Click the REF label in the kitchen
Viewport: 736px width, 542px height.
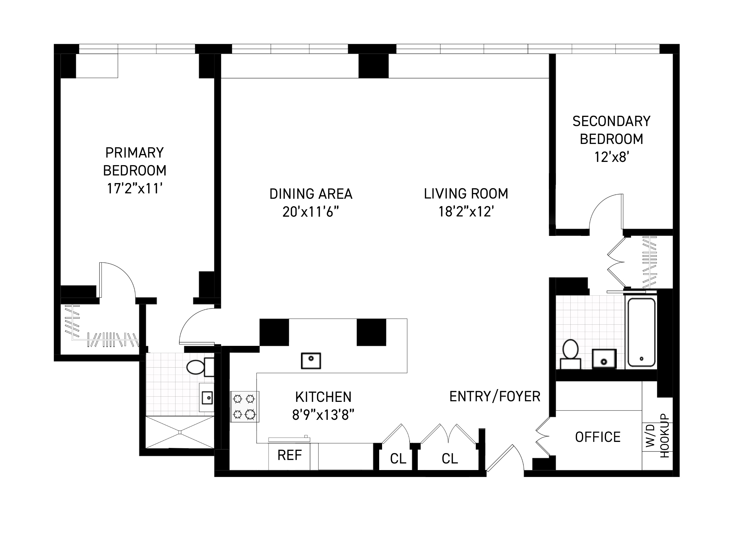[289, 455]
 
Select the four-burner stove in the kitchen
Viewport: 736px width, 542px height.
[244, 407]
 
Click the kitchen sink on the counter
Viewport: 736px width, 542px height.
[311, 361]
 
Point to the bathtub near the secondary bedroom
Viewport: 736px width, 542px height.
[641, 332]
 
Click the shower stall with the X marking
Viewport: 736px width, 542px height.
[180, 432]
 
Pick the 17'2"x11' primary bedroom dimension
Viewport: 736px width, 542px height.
[135, 189]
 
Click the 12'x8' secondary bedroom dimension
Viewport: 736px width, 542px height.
[611, 158]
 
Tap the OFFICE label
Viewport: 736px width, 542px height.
[598, 437]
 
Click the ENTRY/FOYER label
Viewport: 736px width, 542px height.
[495, 397]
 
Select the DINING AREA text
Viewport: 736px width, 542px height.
[311, 194]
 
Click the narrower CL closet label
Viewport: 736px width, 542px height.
[398, 459]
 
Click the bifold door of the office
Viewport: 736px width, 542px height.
[542, 436]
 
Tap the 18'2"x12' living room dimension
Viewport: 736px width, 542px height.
[466, 212]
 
